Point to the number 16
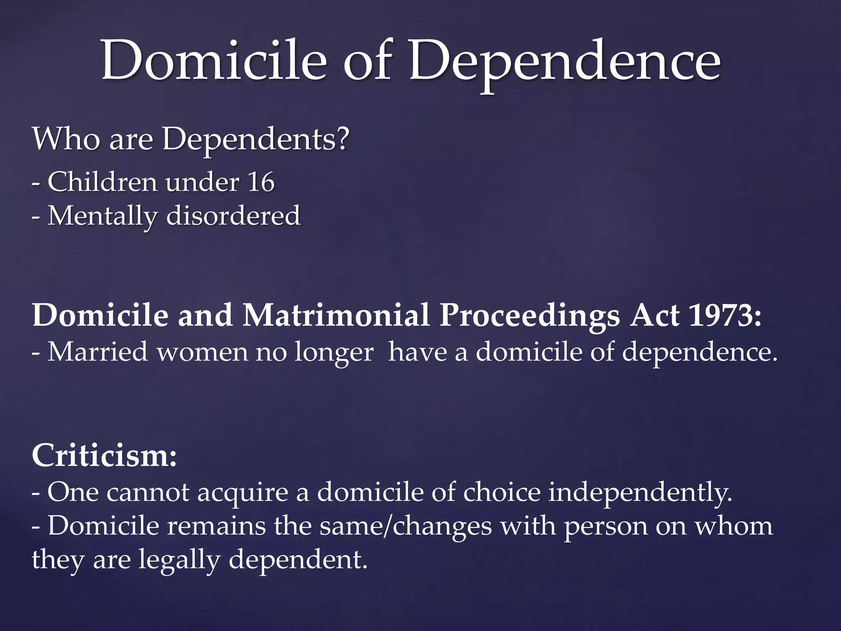pos(260,182)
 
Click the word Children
pos(102,182)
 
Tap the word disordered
pos(233,216)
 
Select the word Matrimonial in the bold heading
pos(336,315)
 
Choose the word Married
pos(98,352)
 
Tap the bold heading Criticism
pos(104,456)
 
